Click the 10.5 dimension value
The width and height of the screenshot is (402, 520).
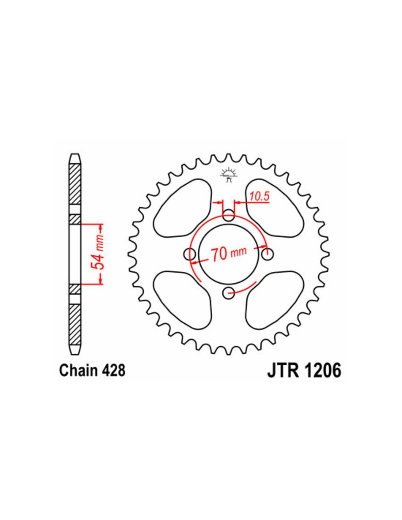[260, 196]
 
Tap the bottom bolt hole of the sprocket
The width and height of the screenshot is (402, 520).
[229, 293]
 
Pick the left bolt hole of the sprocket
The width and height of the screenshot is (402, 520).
[190, 254]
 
